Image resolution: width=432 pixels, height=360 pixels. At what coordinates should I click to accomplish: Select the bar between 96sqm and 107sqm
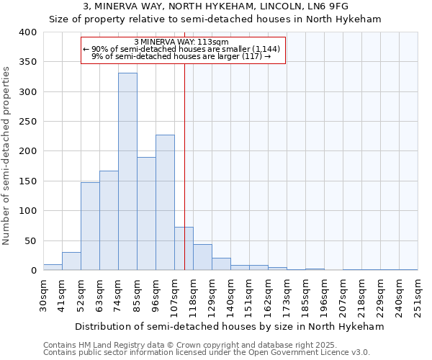click(x=165, y=202)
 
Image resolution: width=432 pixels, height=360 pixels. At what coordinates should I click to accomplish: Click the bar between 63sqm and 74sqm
click(x=109, y=220)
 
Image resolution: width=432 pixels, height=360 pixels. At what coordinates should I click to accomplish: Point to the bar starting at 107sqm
click(x=184, y=248)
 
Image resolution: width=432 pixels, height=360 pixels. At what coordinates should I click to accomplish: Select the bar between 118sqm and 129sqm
click(x=202, y=257)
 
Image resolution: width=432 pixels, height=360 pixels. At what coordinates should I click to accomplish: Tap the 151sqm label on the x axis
click(x=250, y=294)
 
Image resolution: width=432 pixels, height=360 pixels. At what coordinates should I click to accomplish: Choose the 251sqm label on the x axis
click(x=418, y=294)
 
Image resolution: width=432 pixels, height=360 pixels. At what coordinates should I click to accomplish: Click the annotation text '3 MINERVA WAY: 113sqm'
click(x=181, y=42)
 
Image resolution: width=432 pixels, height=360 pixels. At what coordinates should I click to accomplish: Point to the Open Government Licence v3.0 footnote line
click(x=206, y=353)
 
